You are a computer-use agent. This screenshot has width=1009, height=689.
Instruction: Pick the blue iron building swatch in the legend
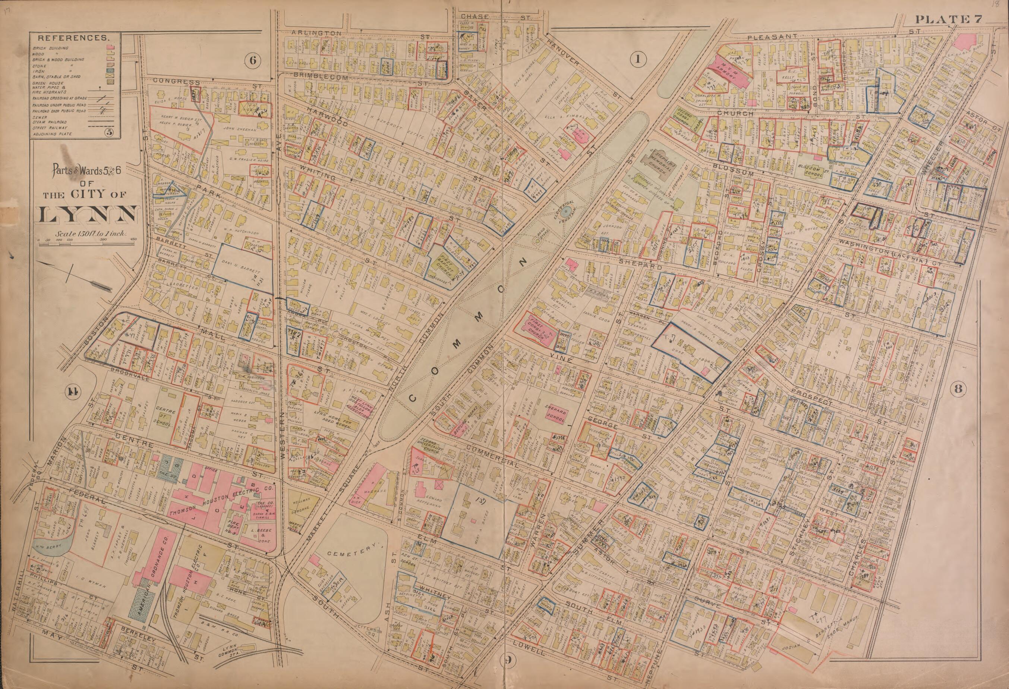click(x=111, y=71)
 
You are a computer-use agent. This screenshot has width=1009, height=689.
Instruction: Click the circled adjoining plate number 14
click(x=71, y=391)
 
